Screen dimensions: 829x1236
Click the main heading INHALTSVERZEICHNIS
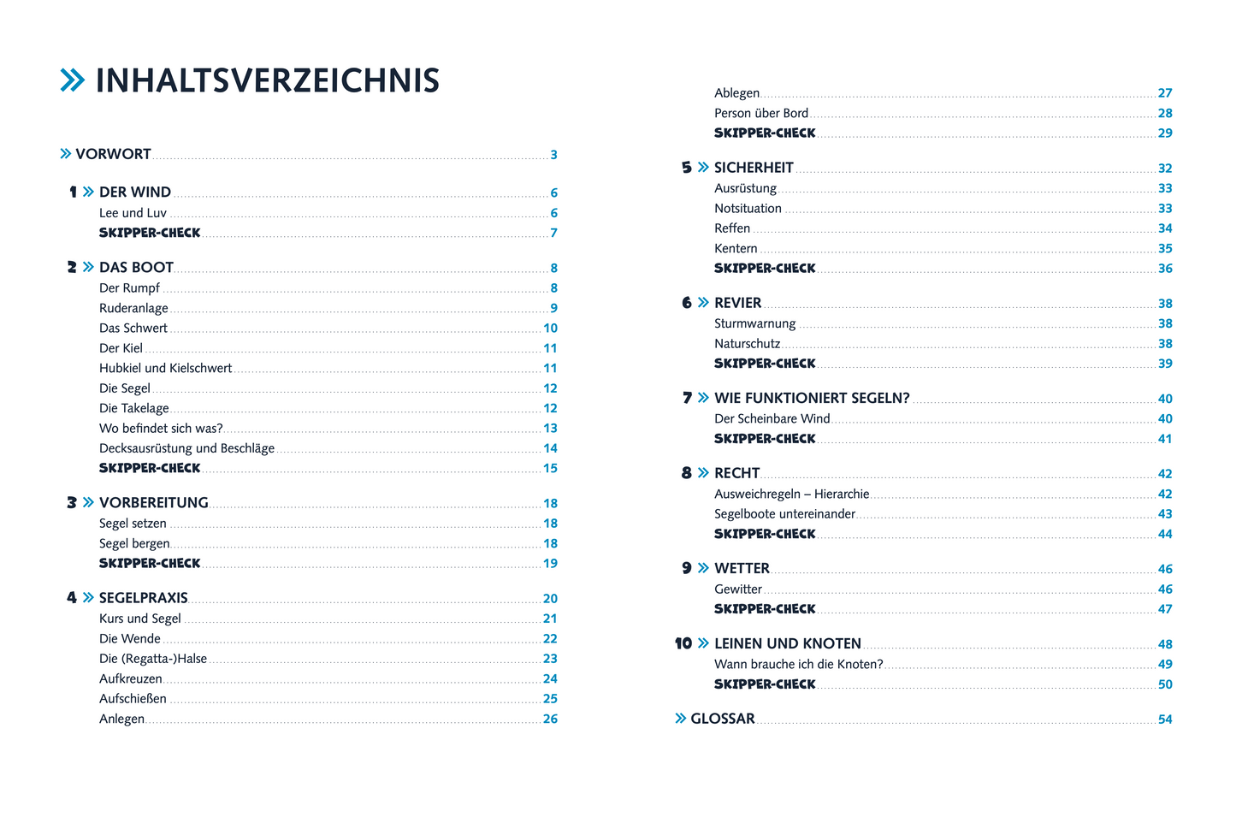(267, 80)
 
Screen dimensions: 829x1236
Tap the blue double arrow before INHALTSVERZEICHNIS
(73, 80)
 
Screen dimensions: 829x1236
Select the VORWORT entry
(113, 154)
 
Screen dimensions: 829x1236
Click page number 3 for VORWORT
(553, 155)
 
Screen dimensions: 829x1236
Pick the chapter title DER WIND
(135, 192)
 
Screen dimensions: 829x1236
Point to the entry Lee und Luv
(133, 213)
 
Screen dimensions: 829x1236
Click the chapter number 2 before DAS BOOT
(72, 268)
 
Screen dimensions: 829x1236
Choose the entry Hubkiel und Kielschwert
(165, 369)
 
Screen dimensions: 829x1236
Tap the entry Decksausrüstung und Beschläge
(186, 448)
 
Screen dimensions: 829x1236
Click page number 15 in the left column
(550, 469)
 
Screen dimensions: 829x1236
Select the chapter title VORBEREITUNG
(154, 503)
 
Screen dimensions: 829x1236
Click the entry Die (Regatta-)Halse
(153, 659)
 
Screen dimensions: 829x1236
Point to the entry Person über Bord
(761, 113)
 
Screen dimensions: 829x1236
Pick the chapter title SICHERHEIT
(754, 168)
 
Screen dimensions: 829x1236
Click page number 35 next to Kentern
(1165, 249)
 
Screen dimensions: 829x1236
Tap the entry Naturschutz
(747, 344)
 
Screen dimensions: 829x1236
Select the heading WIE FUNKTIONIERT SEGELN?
(812, 399)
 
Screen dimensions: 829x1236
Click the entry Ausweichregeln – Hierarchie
(791, 494)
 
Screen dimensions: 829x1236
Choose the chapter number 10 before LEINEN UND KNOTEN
(683, 644)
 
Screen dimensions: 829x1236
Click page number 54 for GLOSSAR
(1165, 719)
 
